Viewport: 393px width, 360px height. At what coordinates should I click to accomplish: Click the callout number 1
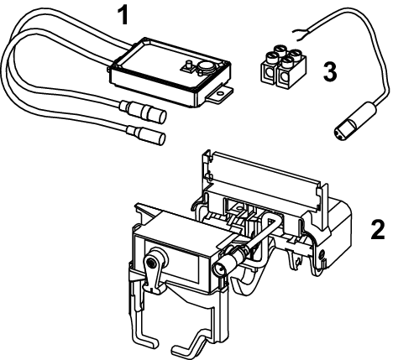[123, 15]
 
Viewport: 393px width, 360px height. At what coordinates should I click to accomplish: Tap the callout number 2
[378, 229]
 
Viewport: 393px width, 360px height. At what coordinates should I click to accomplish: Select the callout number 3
[330, 71]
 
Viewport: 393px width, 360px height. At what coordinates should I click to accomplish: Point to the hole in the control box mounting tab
[221, 92]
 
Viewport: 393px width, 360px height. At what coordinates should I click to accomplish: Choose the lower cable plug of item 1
[146, 134]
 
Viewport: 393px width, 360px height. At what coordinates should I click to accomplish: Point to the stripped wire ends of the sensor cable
[301, 34]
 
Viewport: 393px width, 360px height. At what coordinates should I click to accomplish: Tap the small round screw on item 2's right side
[322, 254]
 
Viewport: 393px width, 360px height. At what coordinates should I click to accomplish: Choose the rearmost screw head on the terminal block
[280, 50]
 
